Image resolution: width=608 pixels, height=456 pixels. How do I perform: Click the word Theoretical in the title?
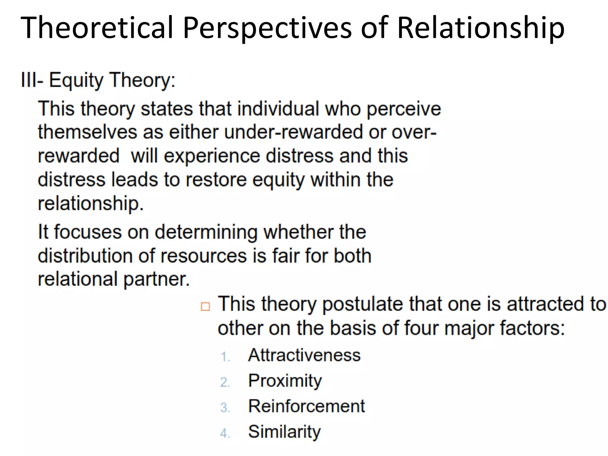[97, 28]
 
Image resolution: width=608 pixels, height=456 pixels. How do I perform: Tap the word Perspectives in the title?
[267, 28]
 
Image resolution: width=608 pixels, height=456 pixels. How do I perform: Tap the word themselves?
[87, 132]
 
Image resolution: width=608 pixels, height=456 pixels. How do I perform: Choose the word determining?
[206, 232]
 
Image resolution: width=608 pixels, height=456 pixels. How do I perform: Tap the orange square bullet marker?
[205, 306]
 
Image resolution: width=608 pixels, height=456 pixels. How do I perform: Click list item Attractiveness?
[304, 355]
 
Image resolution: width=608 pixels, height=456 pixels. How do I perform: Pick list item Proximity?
[285, 381]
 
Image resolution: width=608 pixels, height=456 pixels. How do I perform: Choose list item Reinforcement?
[306, 406]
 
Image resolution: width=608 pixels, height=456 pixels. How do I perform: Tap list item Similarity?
[284, 432]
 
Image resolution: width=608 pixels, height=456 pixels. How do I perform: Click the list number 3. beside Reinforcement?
[225, 408]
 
